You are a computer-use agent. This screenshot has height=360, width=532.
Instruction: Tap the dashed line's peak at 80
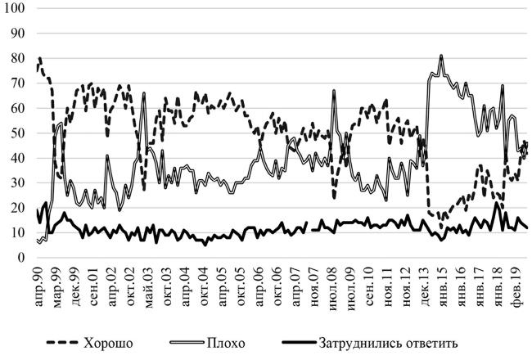click(x=40, y=59)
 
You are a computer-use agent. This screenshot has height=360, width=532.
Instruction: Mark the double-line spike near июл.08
click(x=334, y=91)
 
